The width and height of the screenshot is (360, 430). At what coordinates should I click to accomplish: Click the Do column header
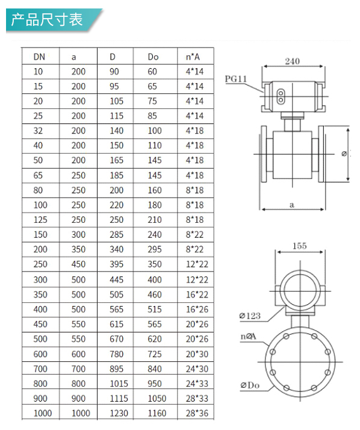pyautogui.click(x=153, y=57)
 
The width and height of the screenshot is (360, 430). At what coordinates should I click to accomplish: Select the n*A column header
pyautogui.click(x=193, y=57)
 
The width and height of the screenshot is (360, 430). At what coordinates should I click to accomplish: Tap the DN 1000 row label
pyautogui.click(x=43, y=413)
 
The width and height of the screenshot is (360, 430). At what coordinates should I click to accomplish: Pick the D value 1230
pyautogui.click(x=119, y=413)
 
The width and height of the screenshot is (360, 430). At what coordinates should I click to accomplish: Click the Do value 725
pyautogui.click(x=155, y=354)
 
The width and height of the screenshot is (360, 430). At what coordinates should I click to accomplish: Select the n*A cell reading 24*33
pyautogui.click(x=197, y=384)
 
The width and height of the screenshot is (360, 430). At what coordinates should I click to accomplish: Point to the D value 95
pyautogui.click(x=114, y=86)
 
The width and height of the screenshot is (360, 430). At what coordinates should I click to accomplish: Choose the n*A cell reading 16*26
pyautogui.click(x=197, y=310)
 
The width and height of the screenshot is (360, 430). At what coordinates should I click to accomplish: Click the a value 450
pyautogui.click(x=78, y=264)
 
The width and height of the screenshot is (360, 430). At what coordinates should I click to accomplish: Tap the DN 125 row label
pyautogui.click(x=40, y=220)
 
